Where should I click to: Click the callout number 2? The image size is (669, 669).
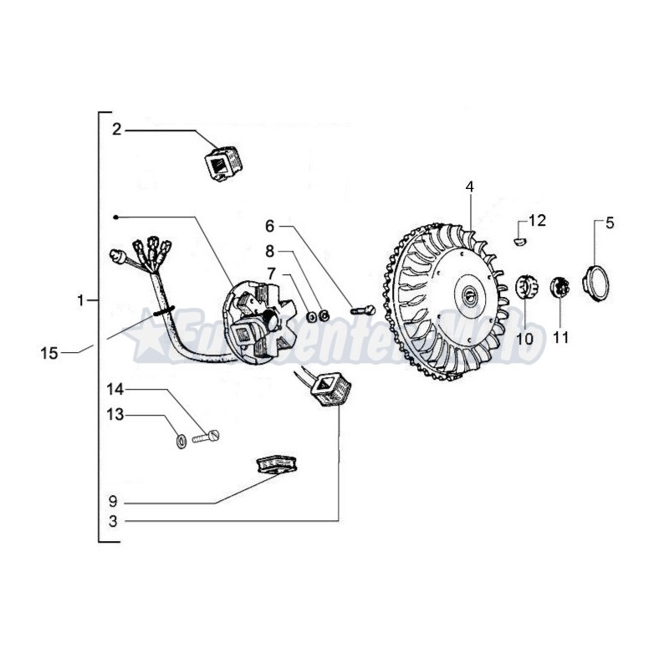click(x=116, y=130)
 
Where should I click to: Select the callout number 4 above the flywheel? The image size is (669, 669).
click(x=470, y=186)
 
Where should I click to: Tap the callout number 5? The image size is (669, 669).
click(x=609, y=222)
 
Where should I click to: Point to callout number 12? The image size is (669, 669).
click(x=537, y=221)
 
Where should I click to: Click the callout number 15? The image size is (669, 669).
click(x=49, y=353)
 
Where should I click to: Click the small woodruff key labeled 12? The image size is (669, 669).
click(x=518, y=240)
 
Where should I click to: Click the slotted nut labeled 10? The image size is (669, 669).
click(x=525, y=287)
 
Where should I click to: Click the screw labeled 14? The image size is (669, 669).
click(x=208, y=435)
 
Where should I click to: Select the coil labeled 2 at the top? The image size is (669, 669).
click(x=219, y=161)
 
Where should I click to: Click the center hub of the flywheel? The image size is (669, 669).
click(x=470, y=294)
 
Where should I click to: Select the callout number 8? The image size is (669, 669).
click(x=270, y=250)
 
